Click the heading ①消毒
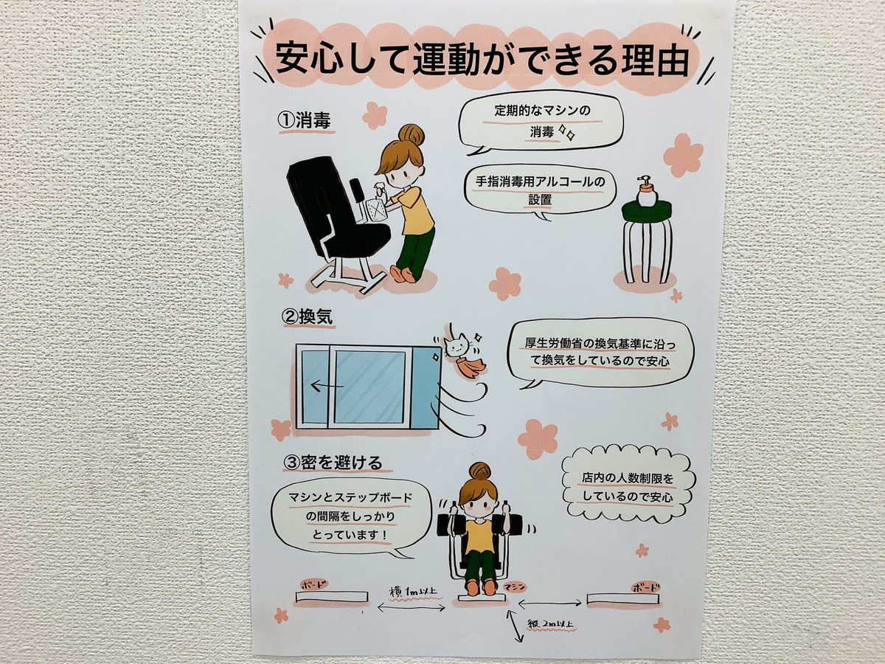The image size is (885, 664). pyautogui.click(x=305, y=120)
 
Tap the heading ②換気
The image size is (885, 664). pyautogui.click(x=308, y=317)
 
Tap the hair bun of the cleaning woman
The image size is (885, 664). pyautogui.click(x=411, y=135)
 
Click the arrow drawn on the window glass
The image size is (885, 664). pyautogui.click(x=327, y=386)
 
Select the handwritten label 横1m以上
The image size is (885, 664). pyautogui.click(x=412, y=592)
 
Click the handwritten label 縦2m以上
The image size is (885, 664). pyautogui.click(x=551, y=625)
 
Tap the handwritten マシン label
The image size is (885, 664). pyautogui.click(x=515, y=587)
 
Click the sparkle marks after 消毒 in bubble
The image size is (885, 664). pyautogui.click(x=566, y=131)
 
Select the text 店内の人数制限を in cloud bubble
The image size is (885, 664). pyautogui.click(x=627, y=479)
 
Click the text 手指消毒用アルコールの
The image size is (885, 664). pyautogui.click(x=541, y=181)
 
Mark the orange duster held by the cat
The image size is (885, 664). pyautogui.click(x=473, y=365)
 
